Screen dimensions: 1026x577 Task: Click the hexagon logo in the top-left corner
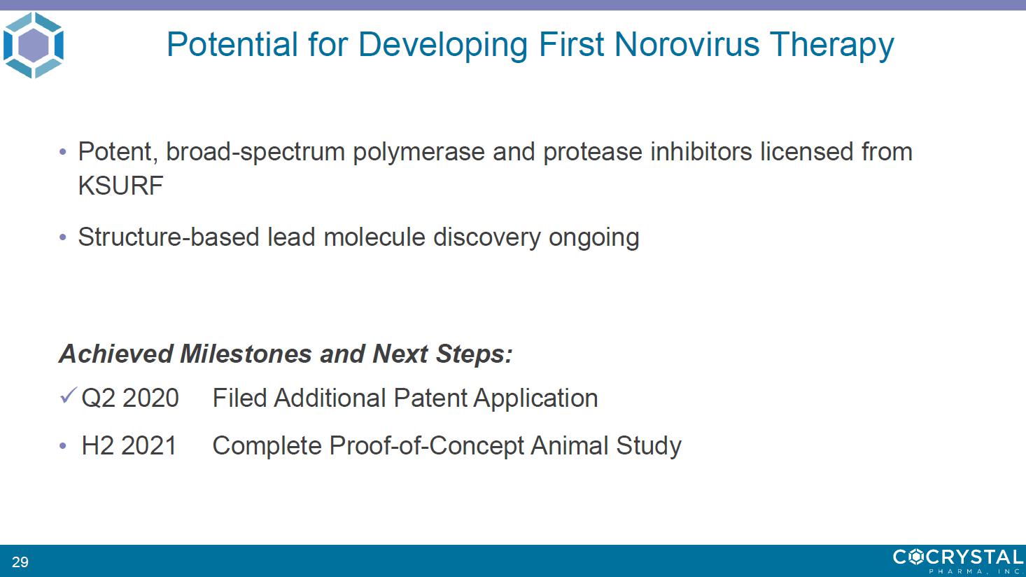pyautogui.click(x=34, y=45)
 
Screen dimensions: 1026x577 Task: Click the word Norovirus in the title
pyautogui.click(x=687, y=44)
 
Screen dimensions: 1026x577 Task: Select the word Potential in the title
pyautogui.click(x=232, y=44)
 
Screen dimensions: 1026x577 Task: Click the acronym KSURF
pyautogui.click(x=120, y=186)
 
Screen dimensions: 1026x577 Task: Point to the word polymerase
pyautogui.click(x=419, y=153)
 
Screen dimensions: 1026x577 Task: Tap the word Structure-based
pyautogui.click(x=169, y=237)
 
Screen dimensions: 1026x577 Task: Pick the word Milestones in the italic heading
pyautogui.click(x=246, y=354)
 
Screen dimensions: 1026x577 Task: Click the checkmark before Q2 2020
pyautogui.click(x=69, y=395)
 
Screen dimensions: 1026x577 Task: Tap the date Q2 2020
pyautogui.click(x=130, y=398)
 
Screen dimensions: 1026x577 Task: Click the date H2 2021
pyautogui.click(x=129, y=445)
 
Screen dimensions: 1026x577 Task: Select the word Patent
pyautogui.click(x=430, y=398)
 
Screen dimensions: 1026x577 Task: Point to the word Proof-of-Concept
pyautogui.click(x=426, y=446)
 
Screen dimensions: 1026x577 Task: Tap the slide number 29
pyautogui.click(x=20, y=562)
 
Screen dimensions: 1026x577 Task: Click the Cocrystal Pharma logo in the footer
pyautogui.click(x=959, y=561)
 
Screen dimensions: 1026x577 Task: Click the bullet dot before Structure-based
pyautogui.click(x=63, y=237)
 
